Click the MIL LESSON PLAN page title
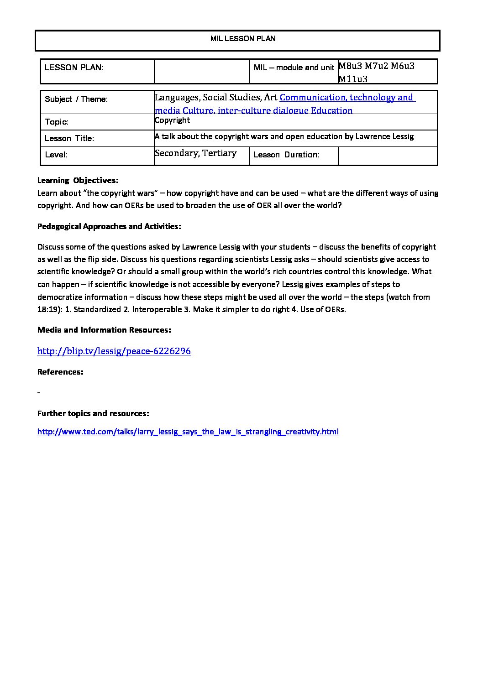click(x=243, y=39)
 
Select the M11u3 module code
click(x=353, y=79)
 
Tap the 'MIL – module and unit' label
click(x=294, y=68)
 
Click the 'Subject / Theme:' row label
click(x=76, y=99)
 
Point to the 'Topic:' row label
click(x=57, y=122)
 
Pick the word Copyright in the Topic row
click(x=172, y=120)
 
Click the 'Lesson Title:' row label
click(x=69, y=138)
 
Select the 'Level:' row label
click(x=56, y=155)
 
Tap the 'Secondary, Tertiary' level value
click(x=196, y=153)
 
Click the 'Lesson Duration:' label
click(x=286, y=155)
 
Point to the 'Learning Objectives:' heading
click(x=78, y=180)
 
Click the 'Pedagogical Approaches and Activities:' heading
click(x=109, y=226)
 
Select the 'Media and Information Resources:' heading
click(x=104, y=330)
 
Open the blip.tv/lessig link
click(x=114, y=351)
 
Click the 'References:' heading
click(x=60, y=372)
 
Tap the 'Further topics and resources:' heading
click(x=93, y=413)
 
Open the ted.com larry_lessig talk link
click(x=188, y=432)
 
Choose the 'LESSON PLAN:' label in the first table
click(x=74, y=68)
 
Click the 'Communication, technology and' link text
click(x=346, y=97)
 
